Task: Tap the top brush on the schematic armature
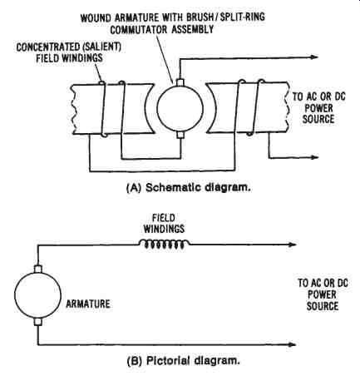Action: [x=180, y=82]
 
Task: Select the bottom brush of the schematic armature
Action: [x=180, y=135]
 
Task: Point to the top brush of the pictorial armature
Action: [x=37, y=269]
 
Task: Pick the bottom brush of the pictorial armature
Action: [x=37, y=322]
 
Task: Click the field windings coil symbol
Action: [x=164, y=244]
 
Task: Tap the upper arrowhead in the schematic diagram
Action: [x=314, y=57]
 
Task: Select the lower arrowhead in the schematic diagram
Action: [x=314, y=157]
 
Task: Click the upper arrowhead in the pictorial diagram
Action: [x=293, y=245]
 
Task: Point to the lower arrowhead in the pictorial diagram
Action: [x=293, y=344]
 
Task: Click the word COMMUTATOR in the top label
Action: [x=139, y=29]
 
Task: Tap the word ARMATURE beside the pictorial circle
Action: [x=88, y=304]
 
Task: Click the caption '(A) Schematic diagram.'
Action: [x=189, y=188]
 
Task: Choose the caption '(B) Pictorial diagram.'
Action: [x=183, y=361]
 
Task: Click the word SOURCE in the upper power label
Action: [x=318, y=119]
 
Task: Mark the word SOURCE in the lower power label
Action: [x=323, y=306]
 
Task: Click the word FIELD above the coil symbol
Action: [x=164, y=218]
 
